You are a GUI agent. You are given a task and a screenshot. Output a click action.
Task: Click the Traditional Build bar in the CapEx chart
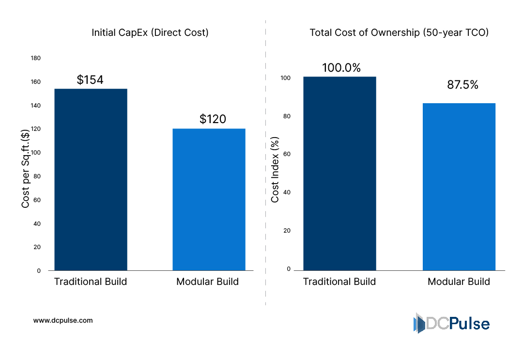(91, 179)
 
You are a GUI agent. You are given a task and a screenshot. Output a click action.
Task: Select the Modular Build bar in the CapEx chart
(209, 199)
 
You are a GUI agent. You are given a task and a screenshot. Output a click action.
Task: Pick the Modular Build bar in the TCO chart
(459, 187)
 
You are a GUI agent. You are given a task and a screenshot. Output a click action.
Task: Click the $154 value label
(90, 80)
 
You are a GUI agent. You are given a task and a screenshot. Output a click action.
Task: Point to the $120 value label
(213, 119)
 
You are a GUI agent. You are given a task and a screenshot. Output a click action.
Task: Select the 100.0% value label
(341, 68)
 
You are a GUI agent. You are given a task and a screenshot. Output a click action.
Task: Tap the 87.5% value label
(462, 85)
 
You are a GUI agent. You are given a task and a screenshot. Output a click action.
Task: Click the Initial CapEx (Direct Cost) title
(150, 33)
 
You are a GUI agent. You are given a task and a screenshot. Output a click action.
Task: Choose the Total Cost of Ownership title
(399, 33)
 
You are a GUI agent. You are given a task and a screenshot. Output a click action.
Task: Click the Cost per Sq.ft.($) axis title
(26, 169)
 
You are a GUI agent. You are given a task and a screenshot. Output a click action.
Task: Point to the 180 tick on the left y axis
(36, 58)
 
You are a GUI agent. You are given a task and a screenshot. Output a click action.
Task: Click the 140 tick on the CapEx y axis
(36, 106)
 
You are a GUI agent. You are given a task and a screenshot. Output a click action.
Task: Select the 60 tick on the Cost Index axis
(287, 154)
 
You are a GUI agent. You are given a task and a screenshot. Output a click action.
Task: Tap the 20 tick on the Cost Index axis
(287, 231)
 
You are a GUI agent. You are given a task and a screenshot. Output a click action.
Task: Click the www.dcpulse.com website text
(63, 320)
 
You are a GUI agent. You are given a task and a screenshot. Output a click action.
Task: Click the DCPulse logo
(451, 323)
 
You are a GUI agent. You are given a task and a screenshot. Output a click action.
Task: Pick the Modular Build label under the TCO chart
(459, 282)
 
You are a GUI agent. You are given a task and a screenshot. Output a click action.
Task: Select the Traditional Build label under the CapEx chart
(91, 282)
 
